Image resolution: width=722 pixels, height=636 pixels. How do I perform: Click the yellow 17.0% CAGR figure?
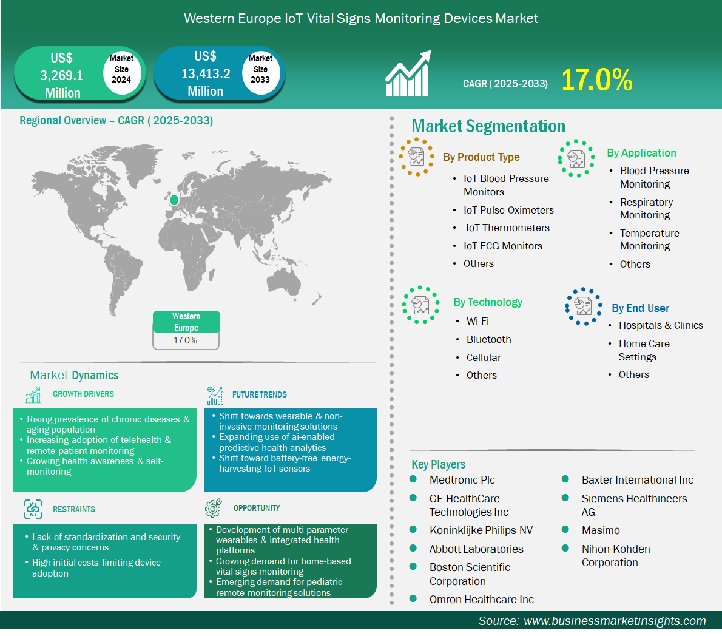click(x=597, y=79)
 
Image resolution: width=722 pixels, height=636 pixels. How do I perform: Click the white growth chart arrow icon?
click(x=408, y=73)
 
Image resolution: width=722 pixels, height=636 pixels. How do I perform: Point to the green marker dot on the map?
click(x=174, y=200)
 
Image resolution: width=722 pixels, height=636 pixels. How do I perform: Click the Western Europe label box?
click(x=186, y=322)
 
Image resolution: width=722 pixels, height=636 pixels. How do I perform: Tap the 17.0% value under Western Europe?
click(x=185, y=340)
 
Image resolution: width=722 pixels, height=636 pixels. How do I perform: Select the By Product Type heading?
click(x=481, y=157)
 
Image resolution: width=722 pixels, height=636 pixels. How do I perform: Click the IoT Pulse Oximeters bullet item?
click(x=508, y=210)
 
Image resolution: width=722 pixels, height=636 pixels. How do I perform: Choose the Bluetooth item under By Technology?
click(x=488, y=339)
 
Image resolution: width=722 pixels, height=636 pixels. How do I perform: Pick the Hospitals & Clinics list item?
click(x=661, y=326)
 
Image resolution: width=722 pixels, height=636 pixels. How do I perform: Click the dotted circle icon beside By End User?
click(x=584, y=306)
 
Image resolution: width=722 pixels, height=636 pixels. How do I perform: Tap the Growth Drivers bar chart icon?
click(x=33, y=395)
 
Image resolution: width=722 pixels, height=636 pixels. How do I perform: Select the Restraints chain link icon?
click(x=33, y=509)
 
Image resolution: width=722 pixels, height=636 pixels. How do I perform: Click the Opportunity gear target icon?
click(x=213, y=507)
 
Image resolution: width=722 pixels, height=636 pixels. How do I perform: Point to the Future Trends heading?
click(x=259, y=394)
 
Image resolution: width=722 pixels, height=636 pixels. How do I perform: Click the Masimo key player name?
click(x=601, y=530)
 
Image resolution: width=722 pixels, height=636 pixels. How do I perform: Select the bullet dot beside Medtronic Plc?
click(x=413, y=479)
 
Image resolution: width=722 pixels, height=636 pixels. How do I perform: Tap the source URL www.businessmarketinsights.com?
click(x=615, y=621)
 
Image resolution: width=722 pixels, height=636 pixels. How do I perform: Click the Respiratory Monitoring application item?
click(x=646, y=209)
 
